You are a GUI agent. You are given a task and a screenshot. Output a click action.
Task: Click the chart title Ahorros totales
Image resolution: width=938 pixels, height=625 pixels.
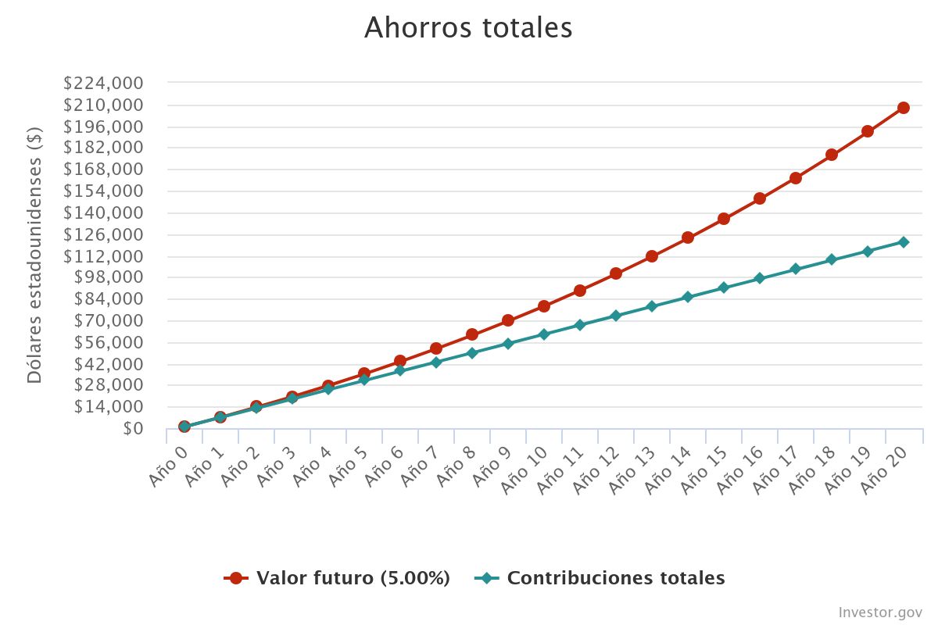tap(468, 28)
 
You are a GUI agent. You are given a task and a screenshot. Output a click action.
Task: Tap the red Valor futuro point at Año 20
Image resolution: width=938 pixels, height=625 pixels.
tap(903, 108)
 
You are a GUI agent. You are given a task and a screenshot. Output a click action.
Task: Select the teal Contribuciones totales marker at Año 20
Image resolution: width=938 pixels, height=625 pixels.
tap(903, 242)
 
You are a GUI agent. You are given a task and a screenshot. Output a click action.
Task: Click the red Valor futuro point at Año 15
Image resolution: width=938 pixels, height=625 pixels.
tap(724, 219)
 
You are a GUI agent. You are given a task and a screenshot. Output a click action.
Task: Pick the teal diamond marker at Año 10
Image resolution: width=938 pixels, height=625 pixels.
tap(543, 334)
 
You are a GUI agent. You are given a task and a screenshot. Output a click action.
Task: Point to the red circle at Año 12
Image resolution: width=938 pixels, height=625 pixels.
tap(616, 273)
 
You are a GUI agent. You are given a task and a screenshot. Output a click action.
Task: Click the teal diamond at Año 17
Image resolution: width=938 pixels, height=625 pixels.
tap(795, 269)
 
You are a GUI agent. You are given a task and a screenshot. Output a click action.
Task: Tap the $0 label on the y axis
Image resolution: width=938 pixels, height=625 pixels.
tap(132, 428)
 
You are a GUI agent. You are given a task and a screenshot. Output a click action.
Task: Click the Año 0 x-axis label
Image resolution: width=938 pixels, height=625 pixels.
tap(169, 466)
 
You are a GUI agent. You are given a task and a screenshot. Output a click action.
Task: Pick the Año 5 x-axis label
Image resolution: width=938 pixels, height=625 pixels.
tap(349, 466)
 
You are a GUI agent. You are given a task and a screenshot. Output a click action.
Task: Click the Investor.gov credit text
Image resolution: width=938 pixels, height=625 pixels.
tap(880, 612)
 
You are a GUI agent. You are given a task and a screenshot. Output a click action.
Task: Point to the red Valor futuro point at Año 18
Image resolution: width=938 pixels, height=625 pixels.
tap(831, 155)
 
